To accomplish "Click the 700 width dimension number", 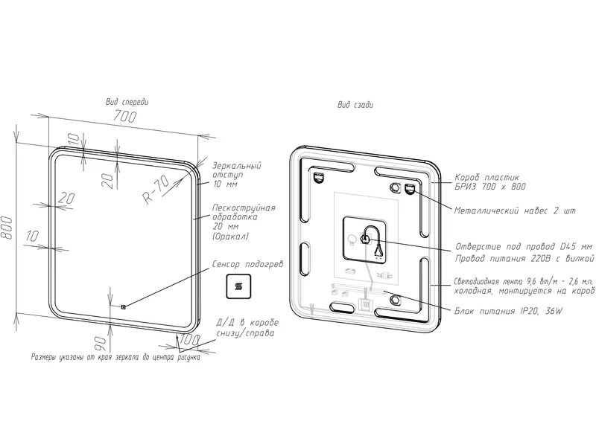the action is pyautogui.click(x=124, y=116).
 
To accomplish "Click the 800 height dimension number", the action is pyautogui.click(x=7, y=228).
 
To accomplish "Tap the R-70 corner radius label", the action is pyautogui.click(x=156, y=190).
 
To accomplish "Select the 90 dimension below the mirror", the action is pyautogui.click(x=101, y=343).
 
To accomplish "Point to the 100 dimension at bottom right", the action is pyautogui.click(x=189, y=340).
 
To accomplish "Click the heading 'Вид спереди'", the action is pyautogui.click(x=127, y=102).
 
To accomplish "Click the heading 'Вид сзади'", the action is pyautogui.click(x=355, y=105).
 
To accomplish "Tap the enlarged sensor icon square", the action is pyautogui.click(x=238, y=286).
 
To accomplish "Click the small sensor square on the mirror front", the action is pyautogui.click(x=123, y=306).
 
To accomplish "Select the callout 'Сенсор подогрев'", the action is pyautogui.click(x=247, y=264).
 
